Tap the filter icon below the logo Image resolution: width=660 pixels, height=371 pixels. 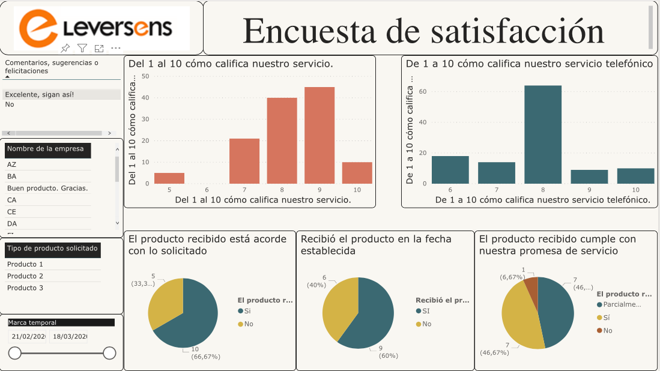(x=82, y=48)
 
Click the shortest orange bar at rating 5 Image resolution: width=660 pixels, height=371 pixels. (x=169, y=178)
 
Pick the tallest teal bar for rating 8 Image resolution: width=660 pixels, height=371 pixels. (x=543, y=134)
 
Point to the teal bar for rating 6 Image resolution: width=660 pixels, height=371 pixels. (x=450, y=170)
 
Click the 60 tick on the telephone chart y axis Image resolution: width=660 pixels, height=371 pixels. (x=423, y=91)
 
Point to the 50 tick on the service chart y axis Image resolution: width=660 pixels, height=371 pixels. (x=145, y=76)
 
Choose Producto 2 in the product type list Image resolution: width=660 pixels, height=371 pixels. (x=25, y=276)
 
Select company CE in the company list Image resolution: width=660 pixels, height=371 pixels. (x=12, y=212)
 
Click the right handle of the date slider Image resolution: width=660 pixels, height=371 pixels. (x=109, y=353)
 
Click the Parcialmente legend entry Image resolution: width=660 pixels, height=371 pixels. (x=619, y=304)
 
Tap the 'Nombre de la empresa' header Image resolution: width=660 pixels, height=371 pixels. (x=46, y=149)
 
